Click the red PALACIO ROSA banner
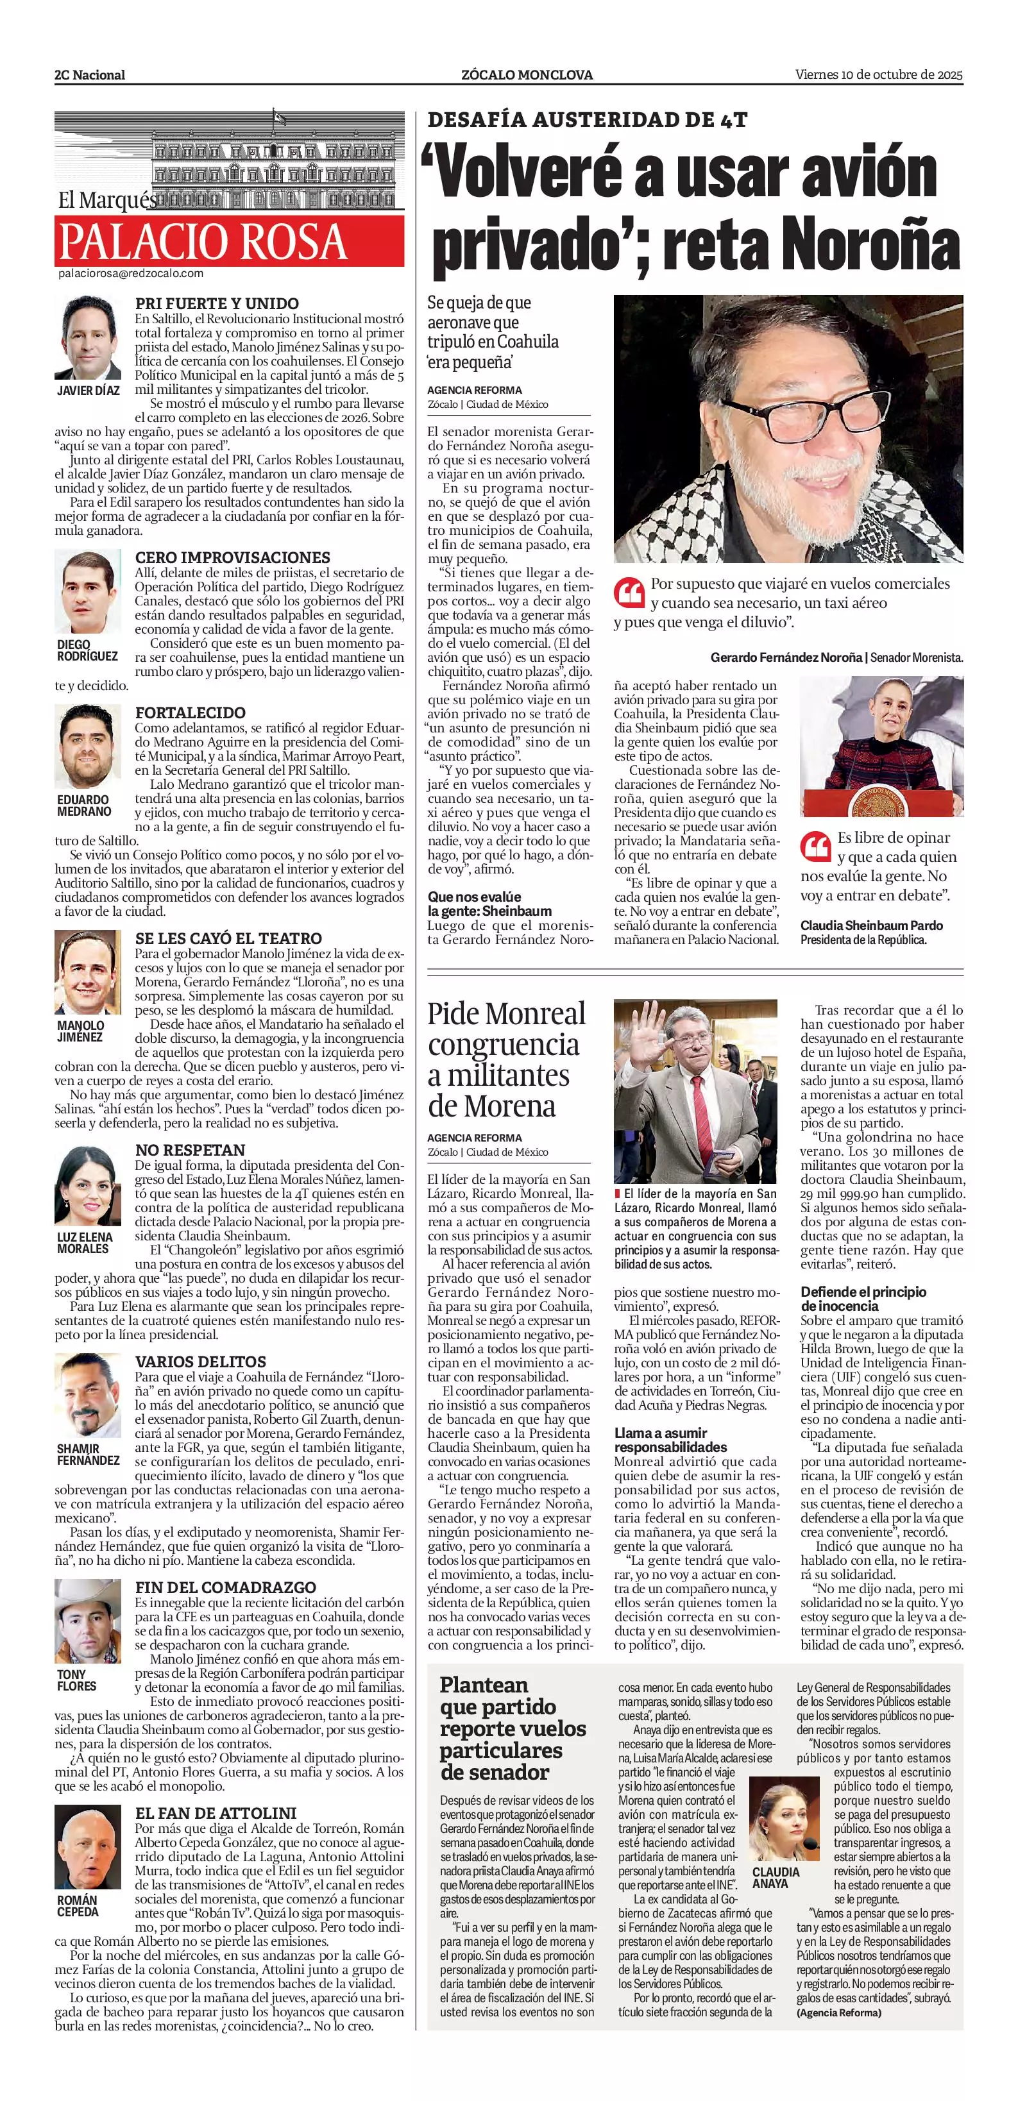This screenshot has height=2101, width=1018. [229, 240]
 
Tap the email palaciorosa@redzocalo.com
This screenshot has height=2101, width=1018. [130, 274]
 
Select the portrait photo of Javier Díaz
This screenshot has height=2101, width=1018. [88, 337]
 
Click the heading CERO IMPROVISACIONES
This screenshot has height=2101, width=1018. [232, 558]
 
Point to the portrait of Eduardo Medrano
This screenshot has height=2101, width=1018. [88, 747]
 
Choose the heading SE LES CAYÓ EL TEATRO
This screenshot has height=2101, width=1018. [228, 938]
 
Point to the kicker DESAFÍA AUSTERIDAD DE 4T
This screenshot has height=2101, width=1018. [588, 120]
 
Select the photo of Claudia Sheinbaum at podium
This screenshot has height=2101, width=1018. [881, 747]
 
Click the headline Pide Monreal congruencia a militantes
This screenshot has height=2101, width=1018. [505, 1059]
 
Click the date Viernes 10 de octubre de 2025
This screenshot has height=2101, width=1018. [879, 74]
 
